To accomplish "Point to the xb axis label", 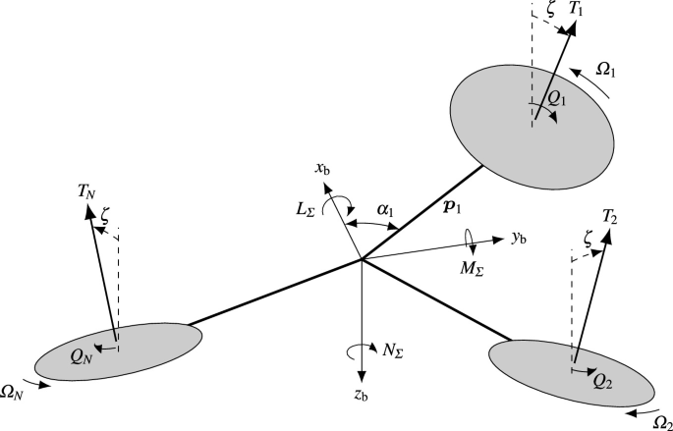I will pos(321,169).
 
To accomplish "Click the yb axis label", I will pos(520,239).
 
